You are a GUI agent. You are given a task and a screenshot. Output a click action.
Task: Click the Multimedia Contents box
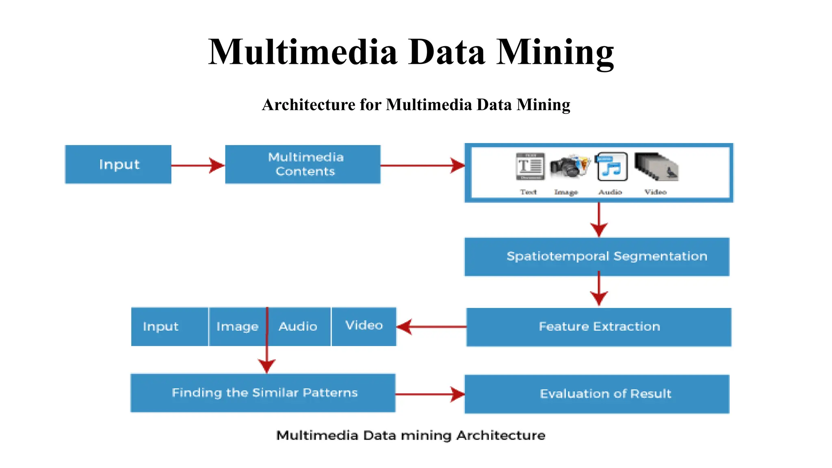click(x=303, y=164)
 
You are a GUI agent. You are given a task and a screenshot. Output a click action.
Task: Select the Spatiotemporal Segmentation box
click(x=597, y=256)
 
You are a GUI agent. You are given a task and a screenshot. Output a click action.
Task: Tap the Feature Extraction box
click(x=599, y=327)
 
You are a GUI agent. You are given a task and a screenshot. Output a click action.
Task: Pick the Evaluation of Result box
click(x=597, y=394)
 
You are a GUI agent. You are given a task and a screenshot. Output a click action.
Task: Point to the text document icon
click(x=530, y=166)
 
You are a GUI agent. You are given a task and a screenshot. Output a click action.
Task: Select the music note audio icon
click(x=611, y=167)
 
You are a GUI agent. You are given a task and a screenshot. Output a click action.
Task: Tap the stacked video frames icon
click(x=656, y=167)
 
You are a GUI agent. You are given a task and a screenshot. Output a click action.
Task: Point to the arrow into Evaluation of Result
click(x=430, y=394)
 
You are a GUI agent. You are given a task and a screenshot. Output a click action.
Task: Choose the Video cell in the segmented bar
click(x=364, y=326)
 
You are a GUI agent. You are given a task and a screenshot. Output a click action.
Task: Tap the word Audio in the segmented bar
click(x=298, y=327)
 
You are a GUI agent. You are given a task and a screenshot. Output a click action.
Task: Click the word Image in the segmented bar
click(x=237, y=327)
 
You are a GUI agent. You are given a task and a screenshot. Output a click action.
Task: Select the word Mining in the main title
click(x=555, y=52)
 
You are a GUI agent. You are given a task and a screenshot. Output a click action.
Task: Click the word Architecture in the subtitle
click(x=309, y=105)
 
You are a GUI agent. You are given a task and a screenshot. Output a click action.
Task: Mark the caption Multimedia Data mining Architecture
click(x=411, y=435)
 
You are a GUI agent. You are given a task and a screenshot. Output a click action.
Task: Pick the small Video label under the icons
click(x=655, y=192)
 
